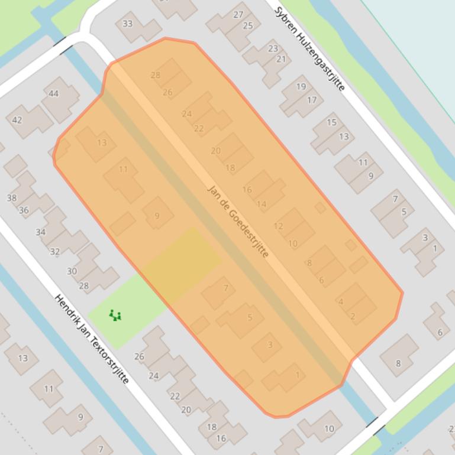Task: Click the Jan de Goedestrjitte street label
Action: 238,221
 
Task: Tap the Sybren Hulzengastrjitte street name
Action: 309,48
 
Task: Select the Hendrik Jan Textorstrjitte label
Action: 92,339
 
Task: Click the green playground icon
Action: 115,316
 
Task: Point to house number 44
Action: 54,93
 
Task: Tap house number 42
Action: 17,120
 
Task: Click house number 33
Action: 128,24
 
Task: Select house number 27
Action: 238,14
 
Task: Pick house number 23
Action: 273,48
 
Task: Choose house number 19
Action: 301,86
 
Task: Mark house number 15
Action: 331,122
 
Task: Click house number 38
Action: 12,198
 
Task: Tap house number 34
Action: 40,232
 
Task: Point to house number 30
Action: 72,271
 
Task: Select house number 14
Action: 262,204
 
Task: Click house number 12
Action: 278,226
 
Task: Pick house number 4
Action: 341,302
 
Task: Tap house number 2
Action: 353,316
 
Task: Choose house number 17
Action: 312,100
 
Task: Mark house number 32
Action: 55,251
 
